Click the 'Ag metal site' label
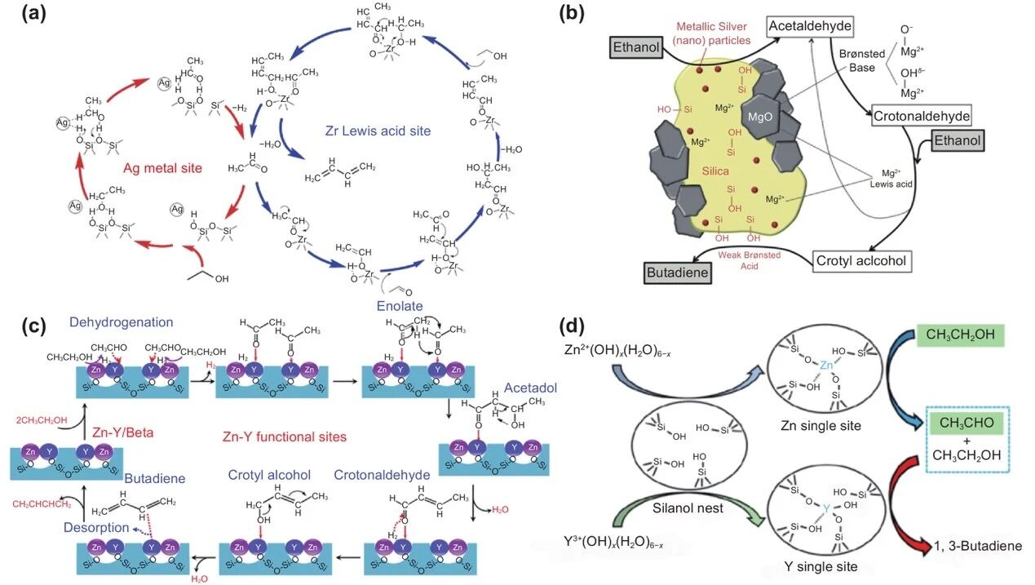pos(161,169)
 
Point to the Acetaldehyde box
pos(810,27)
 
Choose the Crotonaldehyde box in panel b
pos(921,116)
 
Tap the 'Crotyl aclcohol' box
pos(861,261)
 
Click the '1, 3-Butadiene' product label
pos(979,546)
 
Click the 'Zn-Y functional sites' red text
pos(272,436)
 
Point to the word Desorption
pos(97,527)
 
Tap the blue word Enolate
pos(400,306)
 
